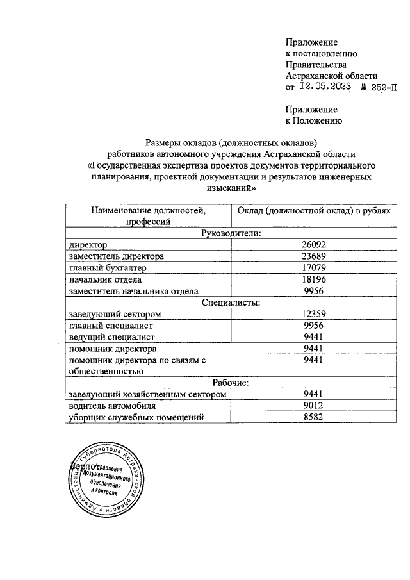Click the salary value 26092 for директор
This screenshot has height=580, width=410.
tap(315, 245)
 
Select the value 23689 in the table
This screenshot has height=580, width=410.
tap(315, 256)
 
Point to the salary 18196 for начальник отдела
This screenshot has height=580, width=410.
tap(315, 279)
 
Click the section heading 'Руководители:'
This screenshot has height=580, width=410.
tap(231, 233)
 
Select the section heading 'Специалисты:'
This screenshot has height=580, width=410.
tap(231, 302)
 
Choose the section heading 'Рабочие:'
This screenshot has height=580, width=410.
tap(231, 383)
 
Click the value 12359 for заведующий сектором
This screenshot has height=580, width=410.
tap(315, 314)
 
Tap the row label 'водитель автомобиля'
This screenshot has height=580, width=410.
tap(112, 406)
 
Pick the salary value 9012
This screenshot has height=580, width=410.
tap(315, 406)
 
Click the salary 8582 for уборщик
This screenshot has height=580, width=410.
tap(315, 417)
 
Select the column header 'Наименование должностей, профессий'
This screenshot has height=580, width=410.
tap(148, 216)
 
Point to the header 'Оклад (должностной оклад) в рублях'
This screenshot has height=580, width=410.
tap(313, 211)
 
